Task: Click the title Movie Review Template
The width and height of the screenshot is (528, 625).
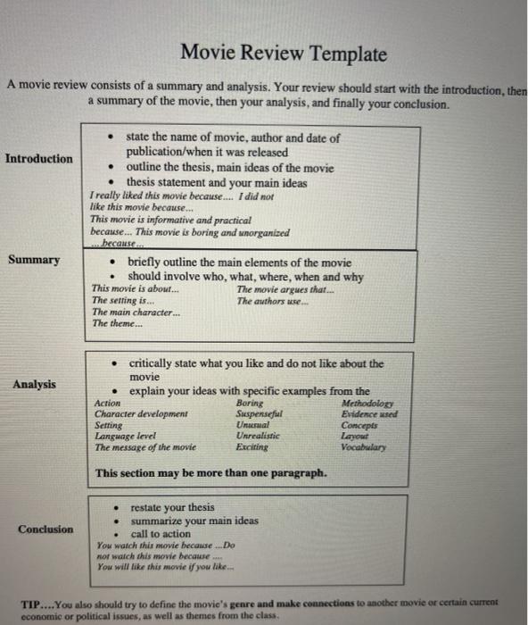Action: pos(284,54)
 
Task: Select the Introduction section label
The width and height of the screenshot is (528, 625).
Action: pos(39,159)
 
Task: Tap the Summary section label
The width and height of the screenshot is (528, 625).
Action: pos(35,260)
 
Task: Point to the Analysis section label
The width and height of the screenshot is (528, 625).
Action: pos(34,384)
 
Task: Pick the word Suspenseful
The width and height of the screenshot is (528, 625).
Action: pos(260,414)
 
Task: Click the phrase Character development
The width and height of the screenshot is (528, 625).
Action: pos(141,414)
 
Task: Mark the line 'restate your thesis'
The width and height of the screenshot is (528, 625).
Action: pos(172,506)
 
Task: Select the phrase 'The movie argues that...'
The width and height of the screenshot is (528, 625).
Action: pos(285,289)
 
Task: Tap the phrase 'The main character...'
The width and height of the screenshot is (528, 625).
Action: pos(136,312)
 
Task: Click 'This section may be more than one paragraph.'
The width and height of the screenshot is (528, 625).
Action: pos(210,472)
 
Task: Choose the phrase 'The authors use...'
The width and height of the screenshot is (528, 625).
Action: pos(273,301)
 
